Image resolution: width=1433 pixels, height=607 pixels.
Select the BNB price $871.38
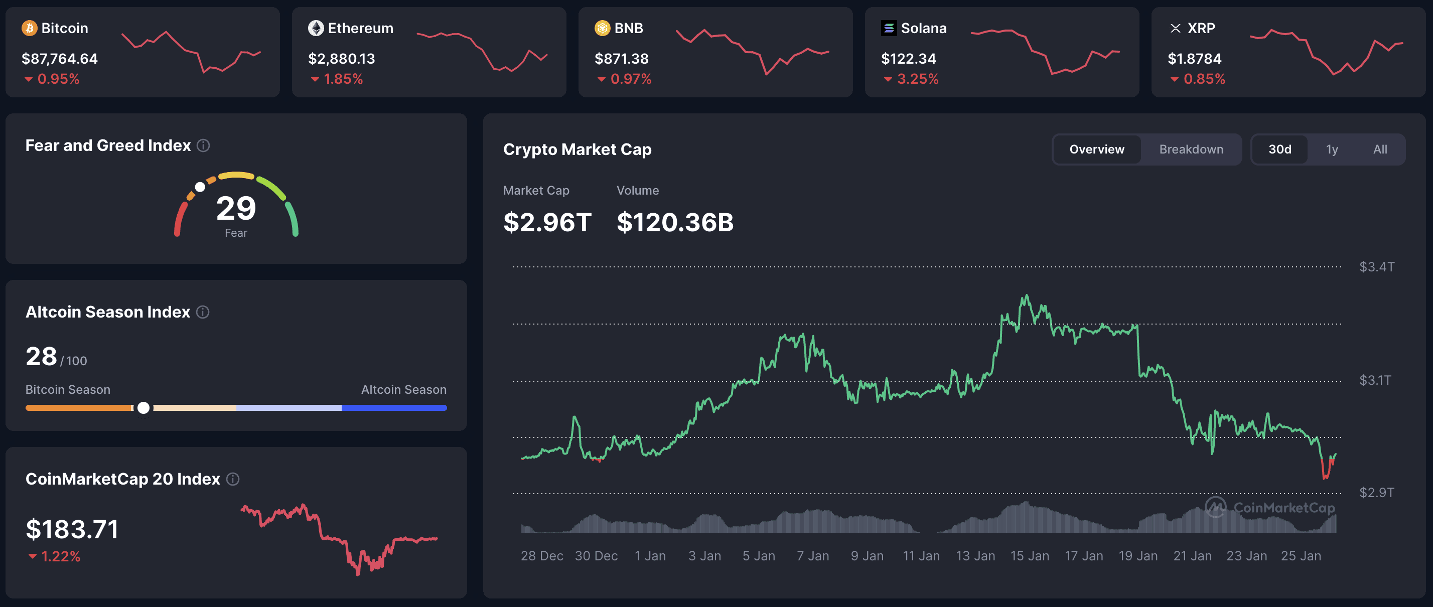(621, 58)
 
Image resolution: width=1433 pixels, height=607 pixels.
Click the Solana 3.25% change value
(917, 79)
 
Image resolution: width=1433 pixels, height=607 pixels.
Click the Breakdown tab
(1191, 149)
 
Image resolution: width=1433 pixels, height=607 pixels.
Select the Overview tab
(1096, 149)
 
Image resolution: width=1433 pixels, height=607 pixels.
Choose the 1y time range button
(1332, 149)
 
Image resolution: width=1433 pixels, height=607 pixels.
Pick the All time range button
(1380, 149)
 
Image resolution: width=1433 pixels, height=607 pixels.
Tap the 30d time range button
(1279, 149)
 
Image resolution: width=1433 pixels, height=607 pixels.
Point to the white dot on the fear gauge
(200, 187)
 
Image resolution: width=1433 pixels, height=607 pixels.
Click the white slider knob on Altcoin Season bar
(144, 408)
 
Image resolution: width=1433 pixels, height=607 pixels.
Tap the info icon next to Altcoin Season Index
(203, 312)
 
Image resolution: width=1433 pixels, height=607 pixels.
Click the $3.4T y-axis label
(1376, 267)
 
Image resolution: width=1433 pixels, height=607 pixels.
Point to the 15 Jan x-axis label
(1029, 556)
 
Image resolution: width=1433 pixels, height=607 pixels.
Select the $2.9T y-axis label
(1376, 493)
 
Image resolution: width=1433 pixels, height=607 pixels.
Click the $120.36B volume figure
(675, 222)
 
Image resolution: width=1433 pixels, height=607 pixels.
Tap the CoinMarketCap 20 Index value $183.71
(72, 529)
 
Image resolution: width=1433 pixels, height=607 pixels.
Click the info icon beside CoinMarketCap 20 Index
(233, 479)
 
